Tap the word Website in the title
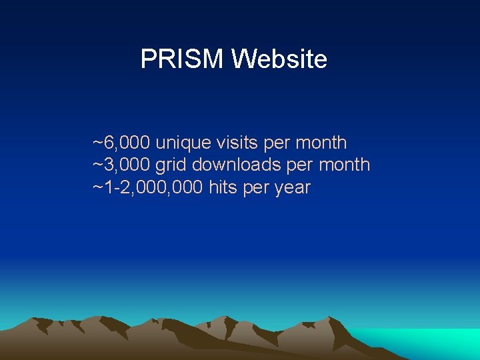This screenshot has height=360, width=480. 279,59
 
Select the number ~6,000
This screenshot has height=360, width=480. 121,143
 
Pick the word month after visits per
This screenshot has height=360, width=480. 321,143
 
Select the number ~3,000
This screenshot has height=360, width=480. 121,165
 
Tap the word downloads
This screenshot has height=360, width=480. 237,165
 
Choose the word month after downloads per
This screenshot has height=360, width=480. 344,165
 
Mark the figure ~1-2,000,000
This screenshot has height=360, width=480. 148,187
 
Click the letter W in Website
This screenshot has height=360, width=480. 242,59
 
